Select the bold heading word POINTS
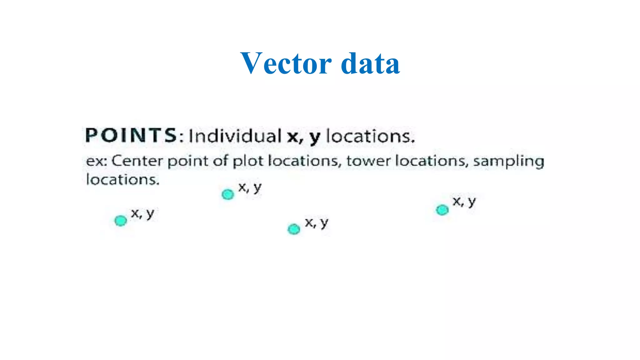131,136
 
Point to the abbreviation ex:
97,161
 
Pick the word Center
137,161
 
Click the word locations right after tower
432,161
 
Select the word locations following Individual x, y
371,136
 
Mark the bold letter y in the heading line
315,137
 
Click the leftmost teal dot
121,221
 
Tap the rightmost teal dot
442,210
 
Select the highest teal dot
228,194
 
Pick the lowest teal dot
294,229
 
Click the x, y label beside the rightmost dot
464,202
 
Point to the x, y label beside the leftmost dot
142,214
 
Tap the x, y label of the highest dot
250,187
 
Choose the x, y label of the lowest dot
317,223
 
